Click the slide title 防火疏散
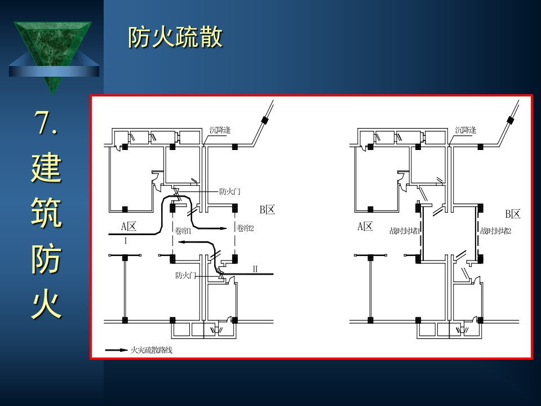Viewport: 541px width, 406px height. pos(175,38)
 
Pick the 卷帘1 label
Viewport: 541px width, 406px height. pos(184,230)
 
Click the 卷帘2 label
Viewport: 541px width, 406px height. pos(246,228)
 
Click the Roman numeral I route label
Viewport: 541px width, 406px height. pos(126,240)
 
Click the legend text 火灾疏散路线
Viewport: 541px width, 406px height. pos(151,350)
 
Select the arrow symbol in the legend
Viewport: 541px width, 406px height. pos(117,350)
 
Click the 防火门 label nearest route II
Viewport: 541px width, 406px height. pos(185,276)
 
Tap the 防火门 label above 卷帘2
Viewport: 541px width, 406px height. pos(230,192)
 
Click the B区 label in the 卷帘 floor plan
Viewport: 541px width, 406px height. pos(268,210)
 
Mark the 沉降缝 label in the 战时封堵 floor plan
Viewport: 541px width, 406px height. pos(465,130)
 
